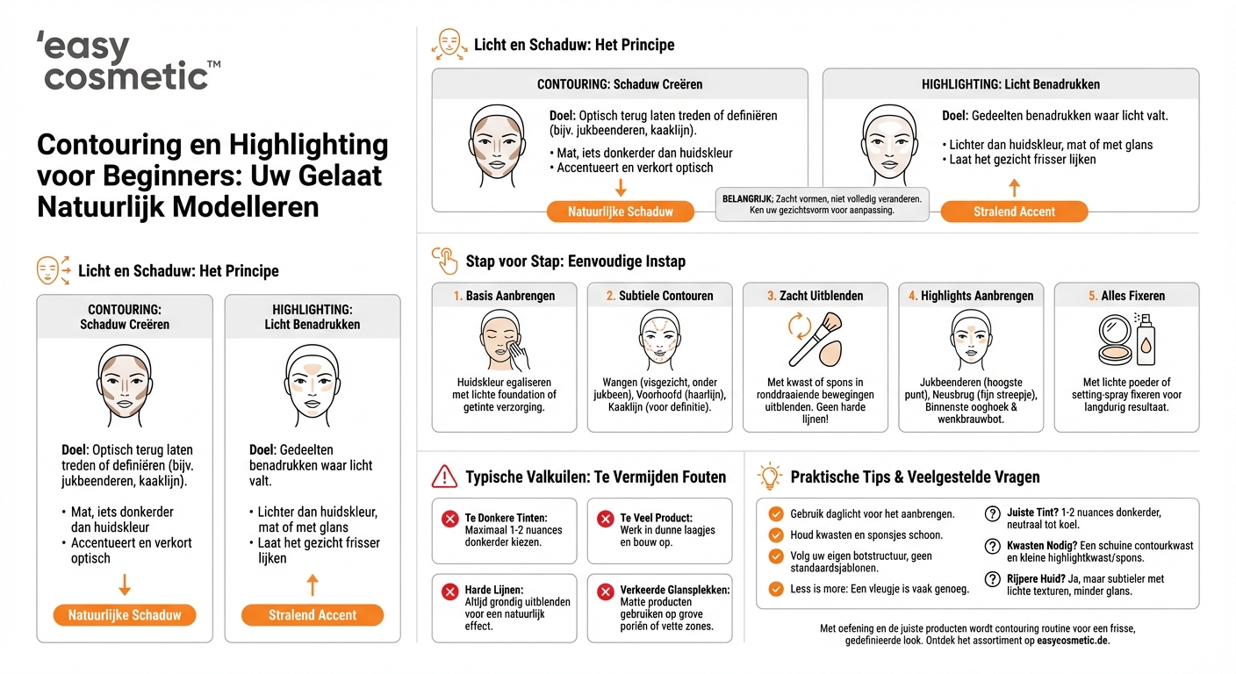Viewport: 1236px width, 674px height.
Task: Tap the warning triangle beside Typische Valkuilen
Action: click(x=445, y=477)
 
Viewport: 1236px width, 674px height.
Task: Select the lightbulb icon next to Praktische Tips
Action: click(x=770, y=477)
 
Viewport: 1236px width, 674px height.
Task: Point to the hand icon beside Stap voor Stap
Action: click(x=445, y=261)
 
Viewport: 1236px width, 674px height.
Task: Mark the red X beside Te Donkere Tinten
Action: click(x=450, y=520)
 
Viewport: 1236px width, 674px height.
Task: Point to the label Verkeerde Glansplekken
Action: click(x=675, y=590)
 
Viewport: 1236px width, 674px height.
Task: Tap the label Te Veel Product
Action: click(x=656, y=518)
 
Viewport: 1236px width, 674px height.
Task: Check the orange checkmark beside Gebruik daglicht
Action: click(x=775, y=514)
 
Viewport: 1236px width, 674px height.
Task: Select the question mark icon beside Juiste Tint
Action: click(x=992, y=514)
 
